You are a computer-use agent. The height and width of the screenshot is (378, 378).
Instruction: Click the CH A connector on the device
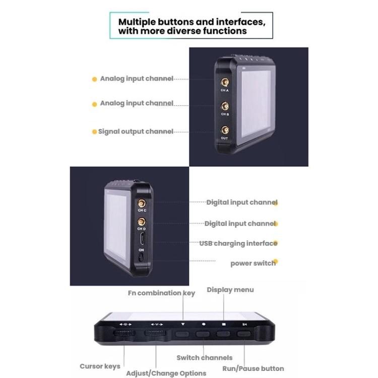point(224,82)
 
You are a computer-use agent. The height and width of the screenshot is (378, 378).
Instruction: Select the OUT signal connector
point(224,130)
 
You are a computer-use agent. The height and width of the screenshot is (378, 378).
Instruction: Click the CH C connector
point(142,202)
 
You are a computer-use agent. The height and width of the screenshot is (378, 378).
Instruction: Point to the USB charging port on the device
point(142,238)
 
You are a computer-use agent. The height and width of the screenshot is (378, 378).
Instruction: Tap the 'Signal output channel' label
point(136,132)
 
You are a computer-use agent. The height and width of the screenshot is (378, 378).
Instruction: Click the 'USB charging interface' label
point(238,243)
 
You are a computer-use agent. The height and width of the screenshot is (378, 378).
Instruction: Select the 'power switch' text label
point(253,263)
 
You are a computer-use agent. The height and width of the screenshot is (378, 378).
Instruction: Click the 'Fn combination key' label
point(161,293)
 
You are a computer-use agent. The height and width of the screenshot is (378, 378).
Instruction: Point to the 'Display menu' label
point(230,290)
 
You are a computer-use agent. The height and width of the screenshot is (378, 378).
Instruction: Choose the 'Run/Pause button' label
point(253,368)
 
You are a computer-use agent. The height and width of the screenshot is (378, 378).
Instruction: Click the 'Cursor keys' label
point(100,366)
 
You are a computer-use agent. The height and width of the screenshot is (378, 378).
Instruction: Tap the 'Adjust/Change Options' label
point(166,373)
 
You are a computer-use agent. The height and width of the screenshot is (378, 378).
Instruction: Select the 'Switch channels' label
point(204,358)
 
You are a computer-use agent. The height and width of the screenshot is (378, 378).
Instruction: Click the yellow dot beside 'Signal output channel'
point(94,132)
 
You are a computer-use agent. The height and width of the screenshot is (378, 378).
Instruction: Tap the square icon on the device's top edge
point(223,325)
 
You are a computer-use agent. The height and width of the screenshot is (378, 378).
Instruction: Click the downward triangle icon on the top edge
point(183,325)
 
